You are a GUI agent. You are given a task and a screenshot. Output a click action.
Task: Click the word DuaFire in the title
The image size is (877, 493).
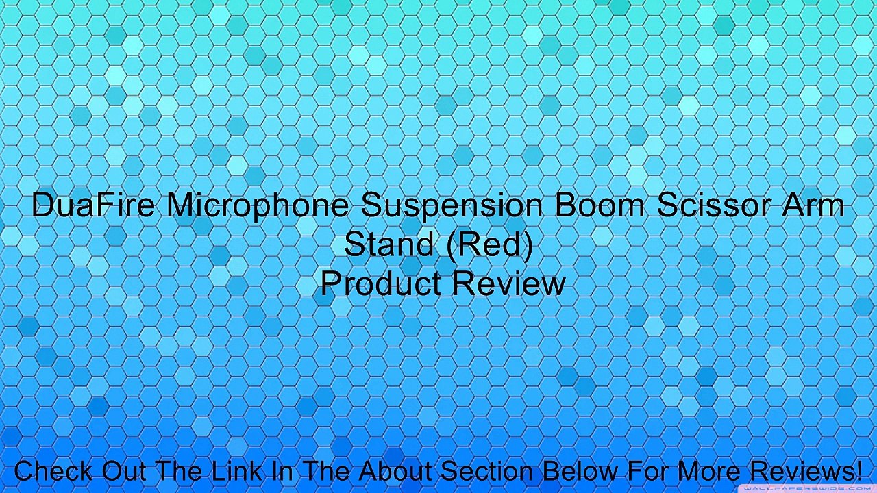92,205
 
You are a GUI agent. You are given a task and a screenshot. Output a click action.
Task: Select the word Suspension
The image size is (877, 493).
453,205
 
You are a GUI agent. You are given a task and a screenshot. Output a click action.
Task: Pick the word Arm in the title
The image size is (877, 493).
815,205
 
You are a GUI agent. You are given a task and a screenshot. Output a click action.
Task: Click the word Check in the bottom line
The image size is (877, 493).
53,471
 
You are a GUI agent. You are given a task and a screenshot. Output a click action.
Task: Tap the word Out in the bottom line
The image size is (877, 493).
126,471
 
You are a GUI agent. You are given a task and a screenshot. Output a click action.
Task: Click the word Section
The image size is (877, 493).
487,471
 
